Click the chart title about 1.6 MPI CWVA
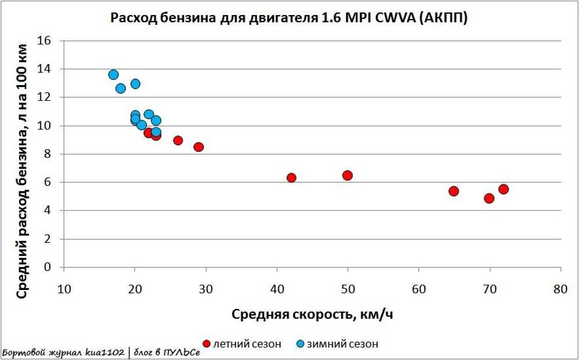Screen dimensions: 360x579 click(x=289, y=18)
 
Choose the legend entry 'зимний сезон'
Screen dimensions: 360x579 click(x=344, y=344)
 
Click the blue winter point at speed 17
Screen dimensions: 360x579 click(x=113, y=75)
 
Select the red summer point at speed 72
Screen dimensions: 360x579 click(x=504, y=189)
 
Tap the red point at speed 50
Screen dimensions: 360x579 click(x=347, y=175)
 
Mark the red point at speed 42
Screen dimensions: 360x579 click(x=291, y=178)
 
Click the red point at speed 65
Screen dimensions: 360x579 click(x=454, y=191)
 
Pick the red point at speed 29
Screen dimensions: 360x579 click(x=199, y=147)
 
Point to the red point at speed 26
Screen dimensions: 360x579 click(x=178, y=141)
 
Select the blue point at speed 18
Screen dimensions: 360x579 click(x=120, y=89)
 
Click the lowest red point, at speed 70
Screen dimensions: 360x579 click(x=489, y=199)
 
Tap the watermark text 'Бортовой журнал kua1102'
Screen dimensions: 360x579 click(x=63, y=352)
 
